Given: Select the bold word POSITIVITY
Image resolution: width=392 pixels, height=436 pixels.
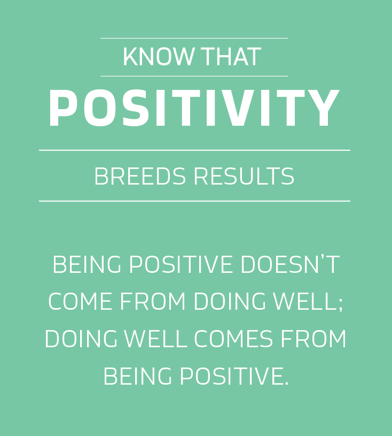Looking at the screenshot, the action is coord(194,108).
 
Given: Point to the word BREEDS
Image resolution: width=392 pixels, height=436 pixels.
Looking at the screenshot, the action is coord(140,176).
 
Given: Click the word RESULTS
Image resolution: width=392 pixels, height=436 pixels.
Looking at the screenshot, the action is coord(244,176).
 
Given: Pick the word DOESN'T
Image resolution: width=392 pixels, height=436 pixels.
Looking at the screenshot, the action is coord(290,264).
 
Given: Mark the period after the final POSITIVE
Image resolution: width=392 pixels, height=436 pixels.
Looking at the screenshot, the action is coord(287,383).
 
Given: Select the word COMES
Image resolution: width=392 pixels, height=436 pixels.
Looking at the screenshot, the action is coord(233,339).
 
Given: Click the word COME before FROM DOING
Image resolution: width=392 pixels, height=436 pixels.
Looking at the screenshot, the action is coord(80,301).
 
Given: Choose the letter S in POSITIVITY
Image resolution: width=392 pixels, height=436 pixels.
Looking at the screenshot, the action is coord(136,108).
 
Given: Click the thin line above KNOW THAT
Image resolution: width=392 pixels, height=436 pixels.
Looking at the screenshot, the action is coord(194,38).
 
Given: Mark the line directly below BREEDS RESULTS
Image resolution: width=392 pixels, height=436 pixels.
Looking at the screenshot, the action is coord(194,201).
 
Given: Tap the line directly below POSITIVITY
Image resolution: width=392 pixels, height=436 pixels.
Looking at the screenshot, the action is coord(194,150).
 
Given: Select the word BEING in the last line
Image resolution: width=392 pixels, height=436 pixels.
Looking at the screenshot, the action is coord(138,376).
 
